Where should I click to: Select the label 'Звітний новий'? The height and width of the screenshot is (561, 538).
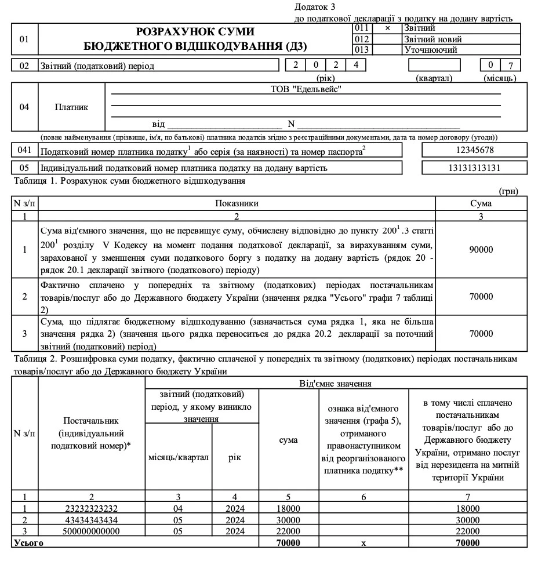(433, 39)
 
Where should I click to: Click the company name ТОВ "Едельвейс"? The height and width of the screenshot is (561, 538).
(306, 89)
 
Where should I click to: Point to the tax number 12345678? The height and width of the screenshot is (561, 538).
(474, 150)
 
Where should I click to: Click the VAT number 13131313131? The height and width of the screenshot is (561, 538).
(474, 168)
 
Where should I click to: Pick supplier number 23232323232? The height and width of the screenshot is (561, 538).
(92, 508)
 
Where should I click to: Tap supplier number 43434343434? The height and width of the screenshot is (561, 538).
(92, 520)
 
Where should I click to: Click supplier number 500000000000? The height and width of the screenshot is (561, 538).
(92, 531)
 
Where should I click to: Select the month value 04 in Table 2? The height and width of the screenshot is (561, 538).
(178, 508)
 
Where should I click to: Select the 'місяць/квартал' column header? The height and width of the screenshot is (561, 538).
(178, 457)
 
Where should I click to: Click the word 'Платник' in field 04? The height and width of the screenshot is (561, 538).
(71, 107)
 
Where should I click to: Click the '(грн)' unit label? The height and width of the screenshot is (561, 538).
(508, 191)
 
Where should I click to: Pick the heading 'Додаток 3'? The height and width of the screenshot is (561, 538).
(315, 6)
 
